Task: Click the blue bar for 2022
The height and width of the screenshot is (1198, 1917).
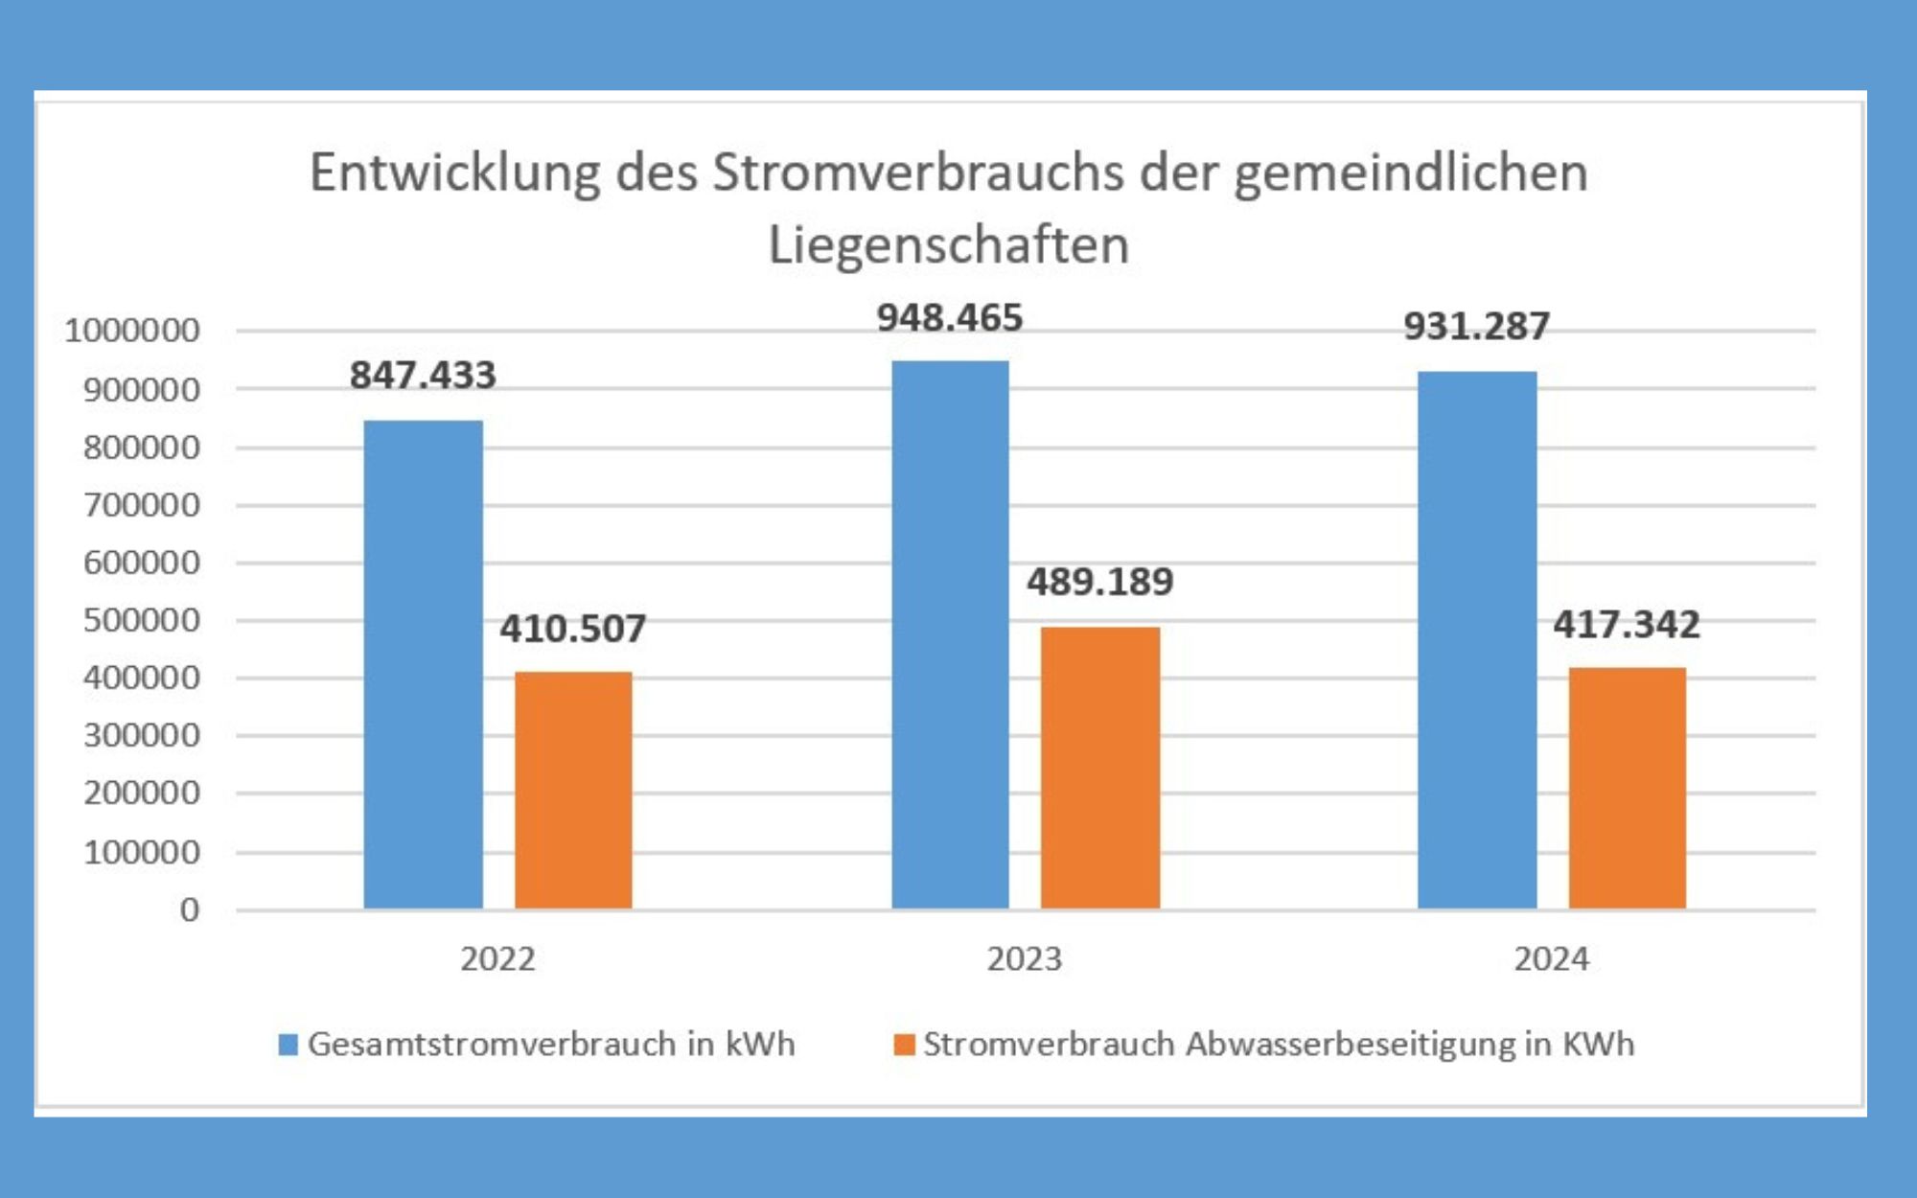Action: [x=423, y=664]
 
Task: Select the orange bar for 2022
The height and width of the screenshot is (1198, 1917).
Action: [x=573, y=790]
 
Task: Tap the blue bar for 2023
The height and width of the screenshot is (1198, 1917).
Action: [x=950, y=634]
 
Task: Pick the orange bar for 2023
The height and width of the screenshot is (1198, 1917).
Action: [x=1100, y=768]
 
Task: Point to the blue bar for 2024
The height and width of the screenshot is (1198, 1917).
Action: [x=1477, y=639]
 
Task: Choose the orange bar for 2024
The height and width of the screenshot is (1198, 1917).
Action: [x=1627, y=788]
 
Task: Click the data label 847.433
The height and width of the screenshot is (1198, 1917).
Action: [x=423, y=375]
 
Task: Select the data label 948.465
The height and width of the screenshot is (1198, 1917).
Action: [x=950, y=318]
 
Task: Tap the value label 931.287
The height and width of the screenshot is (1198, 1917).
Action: [x=1476, y=327]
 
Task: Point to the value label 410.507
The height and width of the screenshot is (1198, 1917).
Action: [x=573, y=629]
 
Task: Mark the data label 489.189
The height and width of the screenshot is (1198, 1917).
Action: [x=1100, y=582]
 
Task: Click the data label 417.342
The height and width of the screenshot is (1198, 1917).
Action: [x=1627, y=625]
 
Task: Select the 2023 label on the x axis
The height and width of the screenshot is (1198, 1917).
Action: [x=1025, y=958]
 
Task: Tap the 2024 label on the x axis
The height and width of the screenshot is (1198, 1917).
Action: [x=1551, y=958]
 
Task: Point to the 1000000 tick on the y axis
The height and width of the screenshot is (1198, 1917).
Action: [x=132, y=331]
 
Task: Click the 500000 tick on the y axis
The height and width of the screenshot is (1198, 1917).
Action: [x=142, y=620]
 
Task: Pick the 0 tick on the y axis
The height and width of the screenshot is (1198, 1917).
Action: [x=190, y=910]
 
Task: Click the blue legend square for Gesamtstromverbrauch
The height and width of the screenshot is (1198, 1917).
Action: [x=288, y=1044]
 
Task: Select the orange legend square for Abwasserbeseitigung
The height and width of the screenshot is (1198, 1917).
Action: [x=904, y=1044]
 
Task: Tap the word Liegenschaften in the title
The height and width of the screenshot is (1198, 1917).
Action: [x=949, y=245]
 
